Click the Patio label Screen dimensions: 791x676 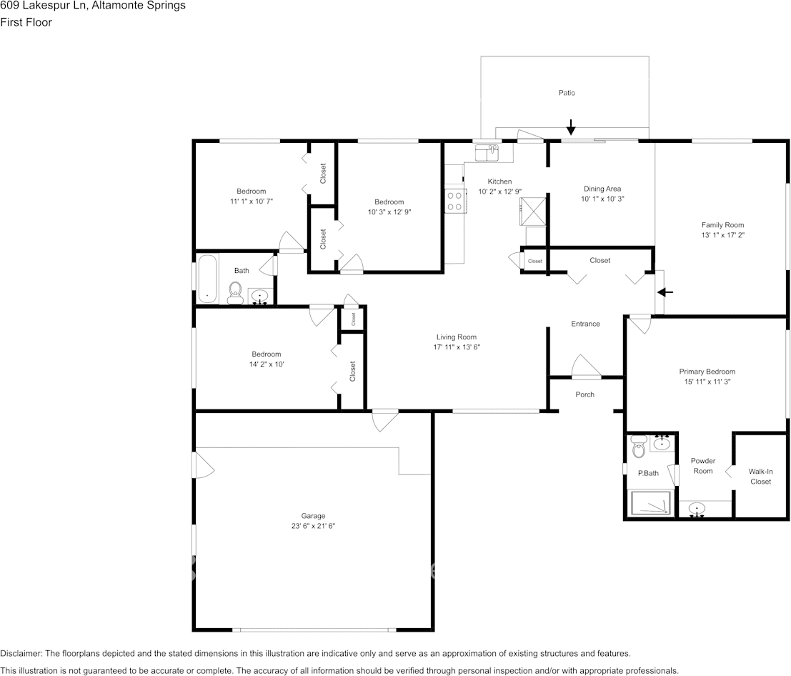pos(567,93)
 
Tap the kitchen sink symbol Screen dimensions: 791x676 pos(487,153)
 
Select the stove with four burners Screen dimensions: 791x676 pos(454,201)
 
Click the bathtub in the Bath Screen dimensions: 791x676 pos(207,279)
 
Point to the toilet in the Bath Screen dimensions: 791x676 pos(235,293)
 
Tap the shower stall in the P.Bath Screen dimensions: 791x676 pos(651,503)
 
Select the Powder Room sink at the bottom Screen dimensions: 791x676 pos(697,509)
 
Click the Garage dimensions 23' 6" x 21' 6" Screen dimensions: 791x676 pos(313,526)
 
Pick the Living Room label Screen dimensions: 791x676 pos(456,337)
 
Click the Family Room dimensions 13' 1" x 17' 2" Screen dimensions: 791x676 pos(722,235)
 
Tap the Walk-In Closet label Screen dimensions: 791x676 pos(760,477)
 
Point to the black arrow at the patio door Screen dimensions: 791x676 pos(570,127)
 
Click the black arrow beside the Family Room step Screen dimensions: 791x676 pos(665,292)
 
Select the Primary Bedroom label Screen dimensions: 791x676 pos(707,372)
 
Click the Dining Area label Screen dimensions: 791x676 pos(602,189)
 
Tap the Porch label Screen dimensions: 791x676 pos(584,394)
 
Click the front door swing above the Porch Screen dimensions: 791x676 pos(586,366)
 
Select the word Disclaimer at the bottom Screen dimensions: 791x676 pos(21,653)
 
